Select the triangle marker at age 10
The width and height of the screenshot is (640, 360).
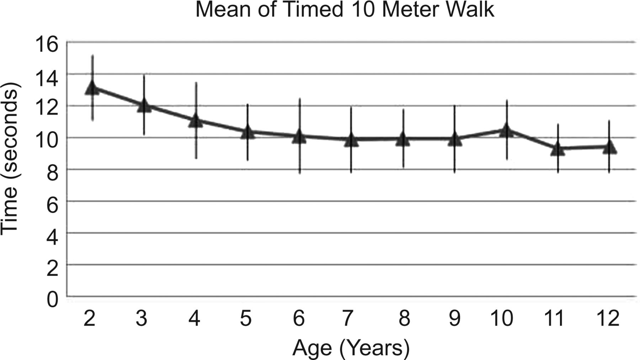[506, 131]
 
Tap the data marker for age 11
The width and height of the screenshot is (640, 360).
[558, 149]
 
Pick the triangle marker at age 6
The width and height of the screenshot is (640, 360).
[299, 137]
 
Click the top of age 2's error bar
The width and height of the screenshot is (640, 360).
[92, 55]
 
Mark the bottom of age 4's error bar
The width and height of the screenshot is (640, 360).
[196, 158]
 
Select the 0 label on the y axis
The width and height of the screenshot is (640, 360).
[52, 300]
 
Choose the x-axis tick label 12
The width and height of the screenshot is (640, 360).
[608, 318]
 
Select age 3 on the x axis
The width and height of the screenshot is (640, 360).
[142, 318]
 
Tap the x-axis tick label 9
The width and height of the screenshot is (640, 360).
[455, 318]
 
